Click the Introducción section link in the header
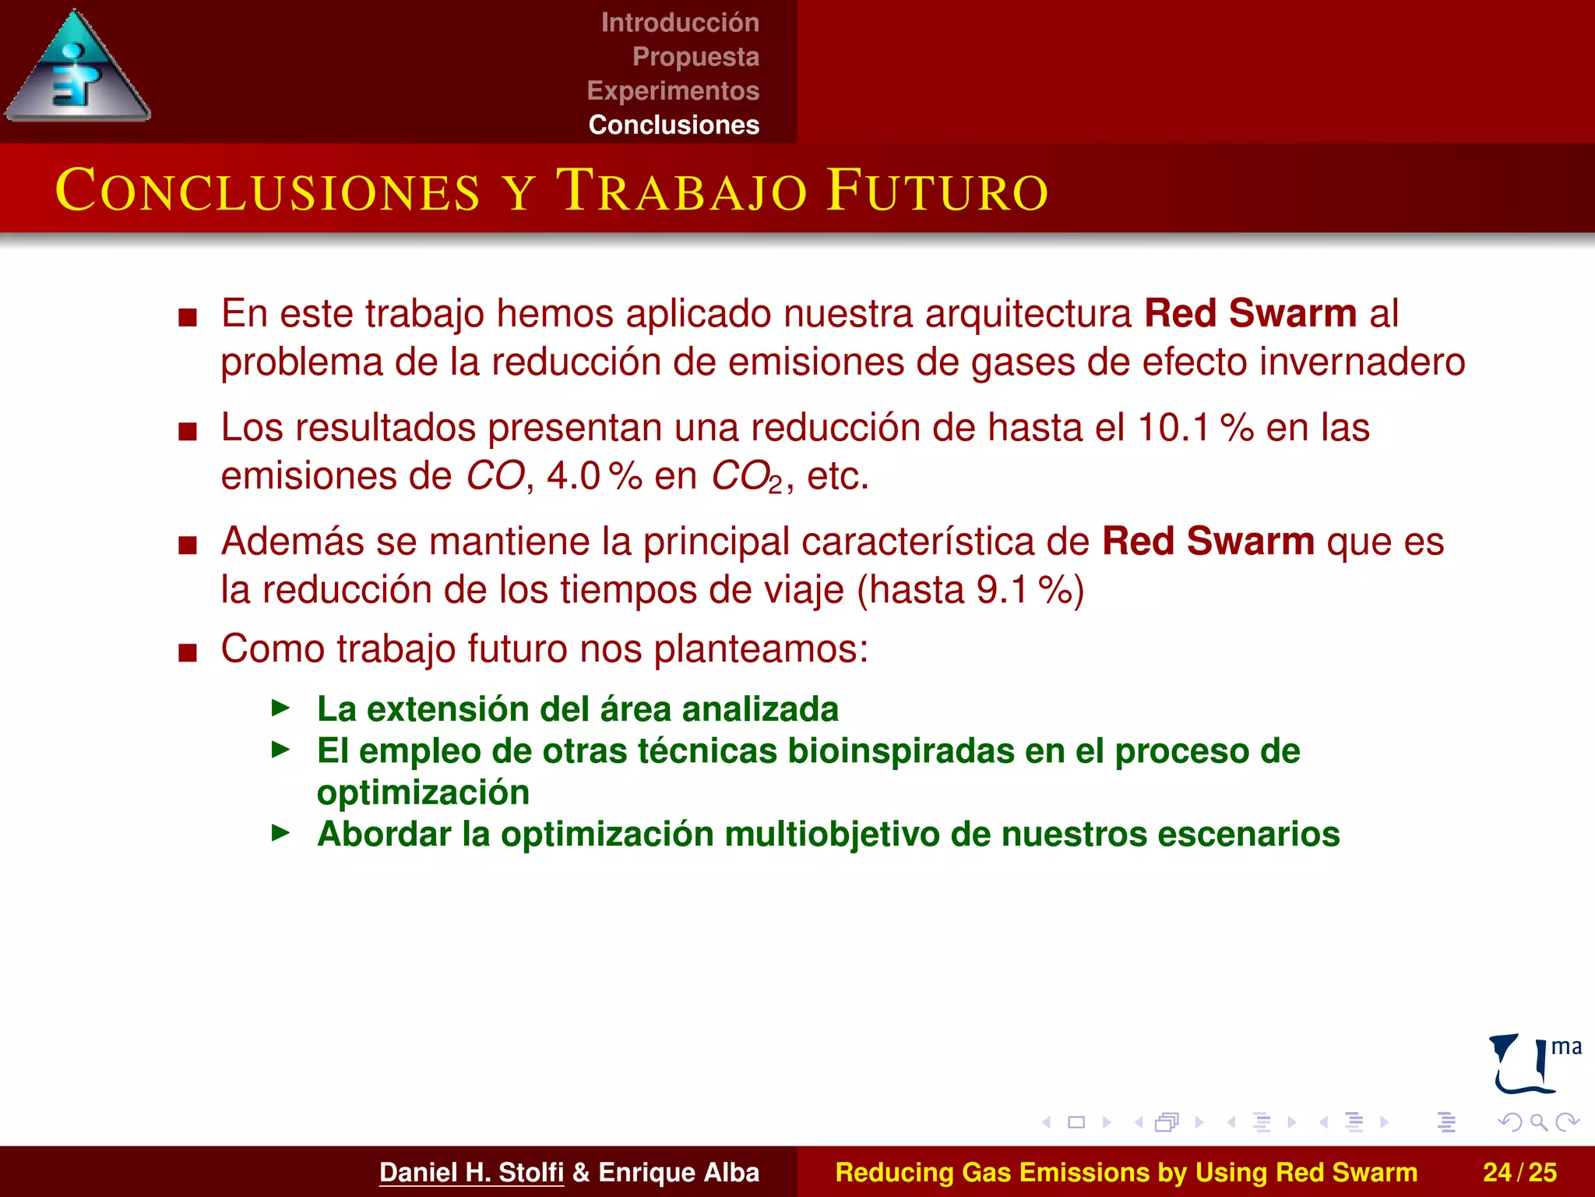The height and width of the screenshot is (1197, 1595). pos(680,23)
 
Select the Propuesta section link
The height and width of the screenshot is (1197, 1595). pos(695,57)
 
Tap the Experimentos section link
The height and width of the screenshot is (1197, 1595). pos(673,90)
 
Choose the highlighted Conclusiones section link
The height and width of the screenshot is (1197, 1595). pos(674,125)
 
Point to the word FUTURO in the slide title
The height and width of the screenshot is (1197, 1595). pos(938,191)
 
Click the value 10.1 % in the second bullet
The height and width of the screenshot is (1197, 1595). pos(1195,428)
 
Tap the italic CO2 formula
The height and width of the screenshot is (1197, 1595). pos(747,477)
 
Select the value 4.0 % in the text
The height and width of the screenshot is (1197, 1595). pos(593,476)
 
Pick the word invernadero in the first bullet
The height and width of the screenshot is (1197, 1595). pos(1362,362)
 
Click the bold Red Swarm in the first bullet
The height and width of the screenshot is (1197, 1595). pos(1250,313)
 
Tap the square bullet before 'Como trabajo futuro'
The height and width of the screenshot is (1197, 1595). pos(188,651)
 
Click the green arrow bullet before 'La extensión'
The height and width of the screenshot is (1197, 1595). pos(280,708)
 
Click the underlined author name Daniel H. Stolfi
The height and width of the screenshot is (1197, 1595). pos(471,1172)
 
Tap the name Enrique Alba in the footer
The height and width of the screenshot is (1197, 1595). pos(678,1172)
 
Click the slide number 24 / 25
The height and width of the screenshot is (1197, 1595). pos(1519,1172)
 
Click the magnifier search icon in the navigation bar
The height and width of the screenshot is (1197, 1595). pos(1538,1122)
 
